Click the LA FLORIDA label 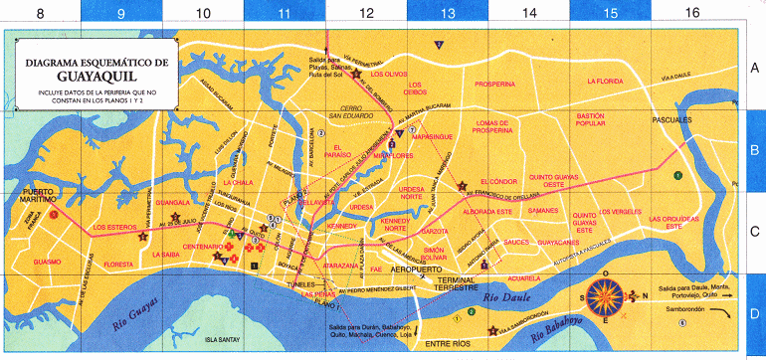click(604, 81)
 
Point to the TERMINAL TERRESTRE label click(445, 285)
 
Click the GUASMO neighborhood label click(47, 262)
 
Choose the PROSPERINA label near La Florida click(495, 85)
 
